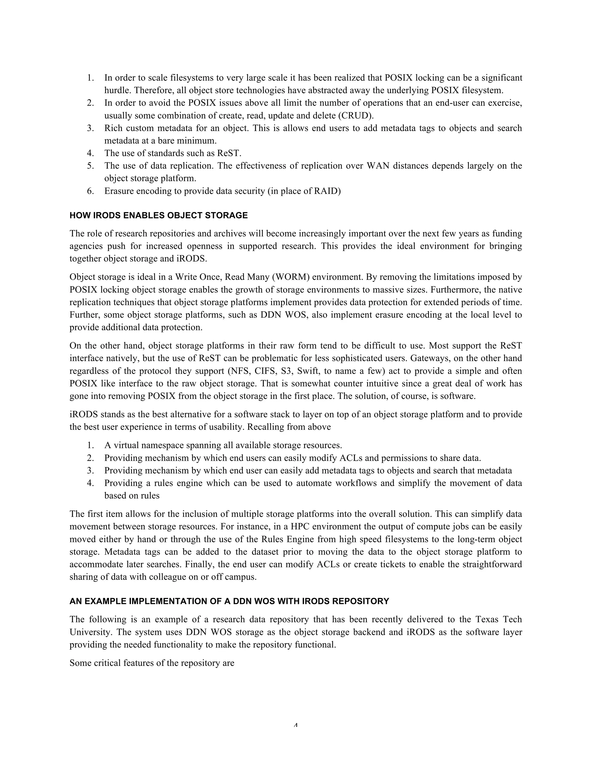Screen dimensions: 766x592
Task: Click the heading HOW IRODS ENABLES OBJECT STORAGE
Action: pos(158,215)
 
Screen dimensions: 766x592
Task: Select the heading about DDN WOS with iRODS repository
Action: pos(229,601)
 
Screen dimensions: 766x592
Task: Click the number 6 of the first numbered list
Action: pos(90,191)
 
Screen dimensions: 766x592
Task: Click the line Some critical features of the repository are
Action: pos(151,663)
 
